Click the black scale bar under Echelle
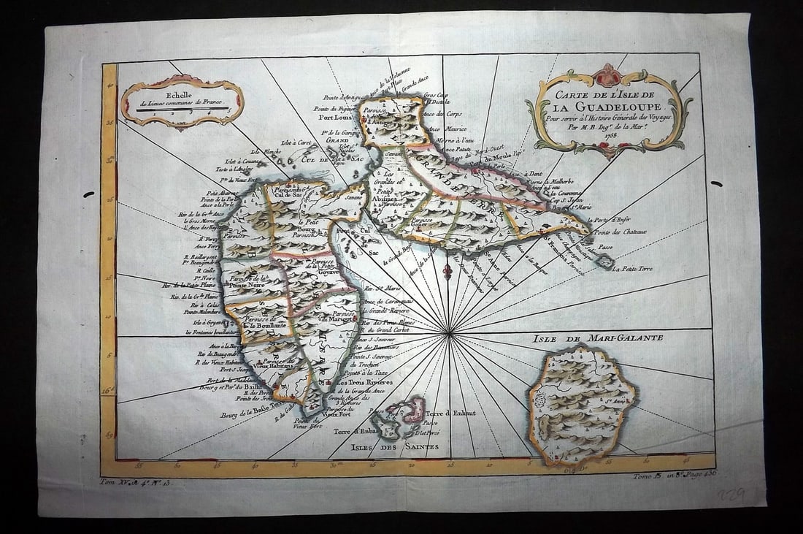tap(182, 110)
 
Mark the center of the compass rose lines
tap(450, 334)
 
